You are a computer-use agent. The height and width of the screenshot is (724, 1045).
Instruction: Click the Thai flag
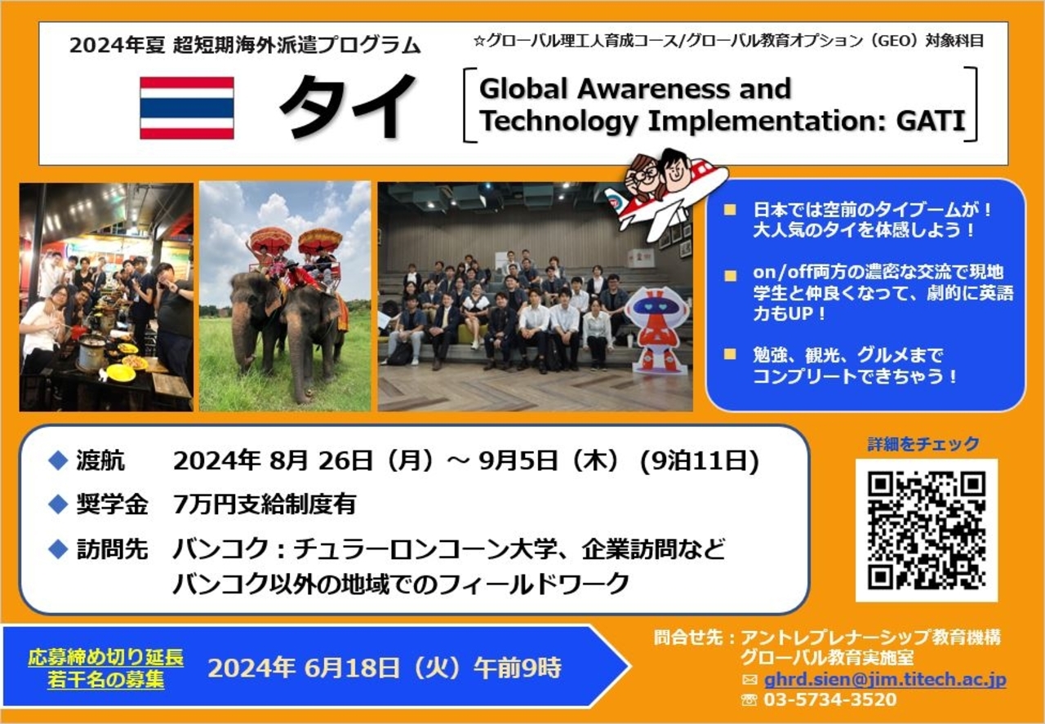pos(187,108)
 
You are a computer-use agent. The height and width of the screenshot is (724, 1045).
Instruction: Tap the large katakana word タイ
pos(348,106)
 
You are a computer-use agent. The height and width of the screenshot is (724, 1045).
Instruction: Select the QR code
pos(927,531)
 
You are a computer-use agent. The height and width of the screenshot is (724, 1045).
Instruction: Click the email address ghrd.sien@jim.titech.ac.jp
pos(885,679)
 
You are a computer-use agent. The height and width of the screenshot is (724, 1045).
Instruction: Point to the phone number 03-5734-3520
pos(830,700)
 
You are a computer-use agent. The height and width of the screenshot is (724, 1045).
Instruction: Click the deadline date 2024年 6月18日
pos(305,668)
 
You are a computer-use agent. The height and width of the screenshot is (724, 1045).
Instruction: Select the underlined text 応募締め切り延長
pos(106,658)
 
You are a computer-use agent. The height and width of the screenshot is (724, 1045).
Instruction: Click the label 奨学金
pos(112,504)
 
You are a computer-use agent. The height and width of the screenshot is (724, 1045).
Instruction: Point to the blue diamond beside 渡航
pos(58,460)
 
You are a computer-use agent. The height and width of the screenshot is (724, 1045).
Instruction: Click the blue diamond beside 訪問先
pos(58,549)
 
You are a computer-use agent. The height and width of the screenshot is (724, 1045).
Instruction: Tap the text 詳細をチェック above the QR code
pos(923,444)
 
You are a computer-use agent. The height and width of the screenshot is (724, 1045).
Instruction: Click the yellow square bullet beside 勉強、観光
pos(730,354)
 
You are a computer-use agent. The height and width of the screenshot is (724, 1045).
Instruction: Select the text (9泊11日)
pos(700,461)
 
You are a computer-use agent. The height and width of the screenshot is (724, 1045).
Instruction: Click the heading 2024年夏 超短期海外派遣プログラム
pos(245,46)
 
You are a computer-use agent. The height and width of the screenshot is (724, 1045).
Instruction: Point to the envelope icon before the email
pos(749,680)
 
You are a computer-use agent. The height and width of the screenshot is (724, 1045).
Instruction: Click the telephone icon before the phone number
pos(749,700)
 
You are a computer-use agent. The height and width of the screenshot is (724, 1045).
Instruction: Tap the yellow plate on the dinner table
pos(120,372)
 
